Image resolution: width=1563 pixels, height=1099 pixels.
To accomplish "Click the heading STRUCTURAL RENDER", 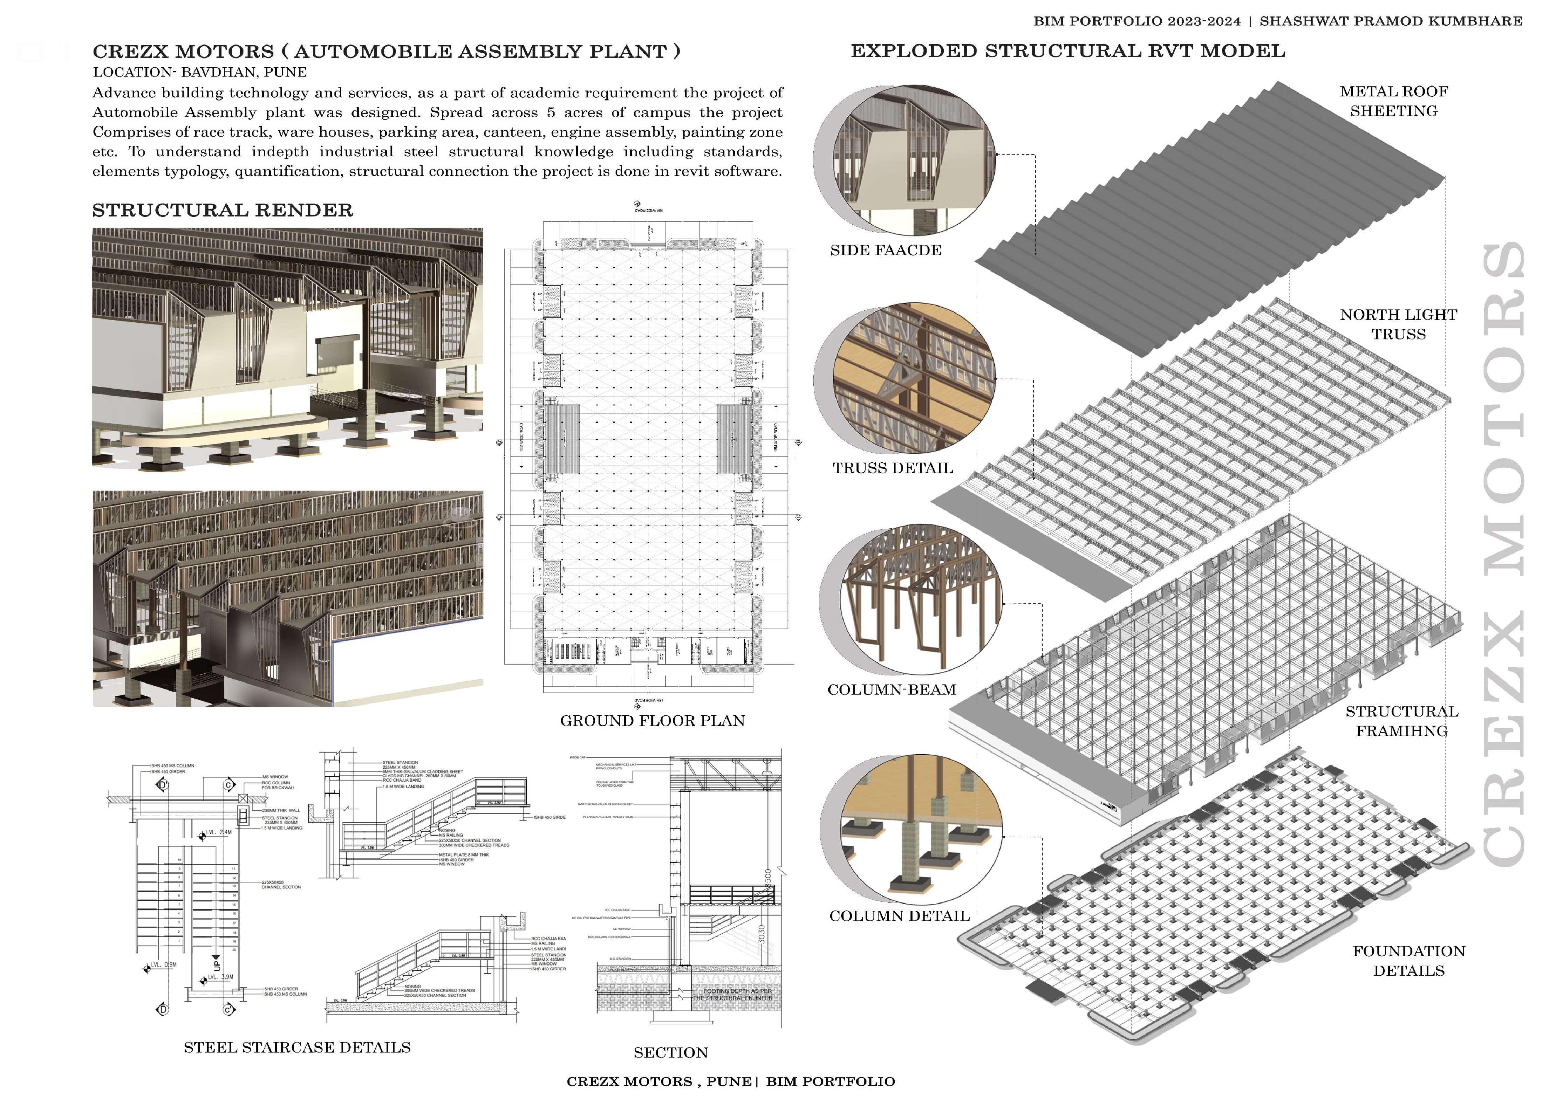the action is click(223, 210).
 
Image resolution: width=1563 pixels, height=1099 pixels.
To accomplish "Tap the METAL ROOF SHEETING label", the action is click(1393, 101).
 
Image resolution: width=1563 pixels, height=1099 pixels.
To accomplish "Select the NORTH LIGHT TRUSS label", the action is click(1398, 325).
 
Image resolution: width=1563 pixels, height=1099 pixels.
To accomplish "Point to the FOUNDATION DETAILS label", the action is click(1408, 961).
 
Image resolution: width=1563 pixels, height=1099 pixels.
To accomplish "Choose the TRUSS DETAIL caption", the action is click(893, 468).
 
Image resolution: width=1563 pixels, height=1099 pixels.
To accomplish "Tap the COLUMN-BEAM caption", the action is click(892, 690).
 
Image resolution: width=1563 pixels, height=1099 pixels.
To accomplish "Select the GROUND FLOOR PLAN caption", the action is click(652, 721).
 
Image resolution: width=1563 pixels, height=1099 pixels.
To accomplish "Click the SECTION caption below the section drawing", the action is click(670, 1053).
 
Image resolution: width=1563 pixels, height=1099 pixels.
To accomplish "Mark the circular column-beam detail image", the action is click(912, 602).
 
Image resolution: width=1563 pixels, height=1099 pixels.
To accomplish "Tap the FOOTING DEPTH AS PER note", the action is click(737, 991).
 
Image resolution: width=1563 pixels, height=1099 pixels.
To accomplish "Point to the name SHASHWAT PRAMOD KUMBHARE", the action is click(1391, 21).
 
